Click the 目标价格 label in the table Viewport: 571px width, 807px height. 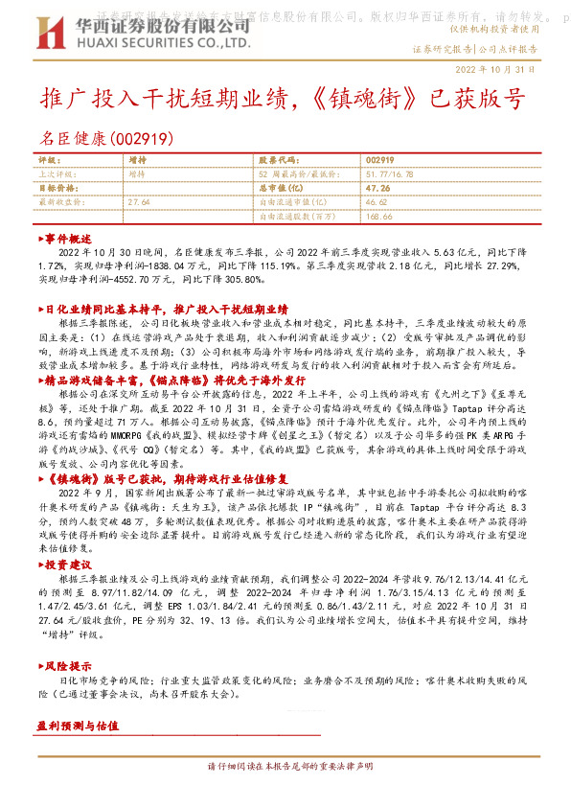point(57,189)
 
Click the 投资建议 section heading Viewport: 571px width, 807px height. point(67,566)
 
